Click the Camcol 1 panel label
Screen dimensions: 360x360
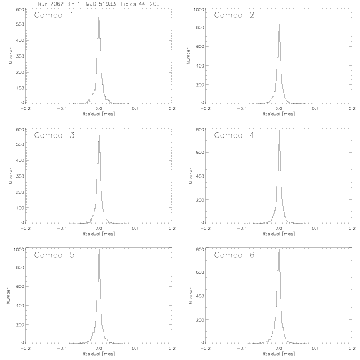54,15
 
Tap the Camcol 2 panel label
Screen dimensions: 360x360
234,15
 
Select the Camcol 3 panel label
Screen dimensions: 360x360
54,135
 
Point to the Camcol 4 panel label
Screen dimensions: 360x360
234,135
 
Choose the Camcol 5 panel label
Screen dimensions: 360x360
54,255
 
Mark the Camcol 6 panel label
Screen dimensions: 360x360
234,255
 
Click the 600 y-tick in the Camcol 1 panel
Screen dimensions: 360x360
20,9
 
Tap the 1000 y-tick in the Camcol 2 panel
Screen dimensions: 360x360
199,9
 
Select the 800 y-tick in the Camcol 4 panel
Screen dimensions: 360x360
200,129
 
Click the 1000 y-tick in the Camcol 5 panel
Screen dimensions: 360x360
19,249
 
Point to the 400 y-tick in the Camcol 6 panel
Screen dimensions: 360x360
200,296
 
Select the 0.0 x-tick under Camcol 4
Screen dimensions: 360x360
279,229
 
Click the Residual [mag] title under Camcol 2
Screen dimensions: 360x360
279,114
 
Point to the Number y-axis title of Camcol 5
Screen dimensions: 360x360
9,296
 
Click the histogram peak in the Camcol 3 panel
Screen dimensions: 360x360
99,135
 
